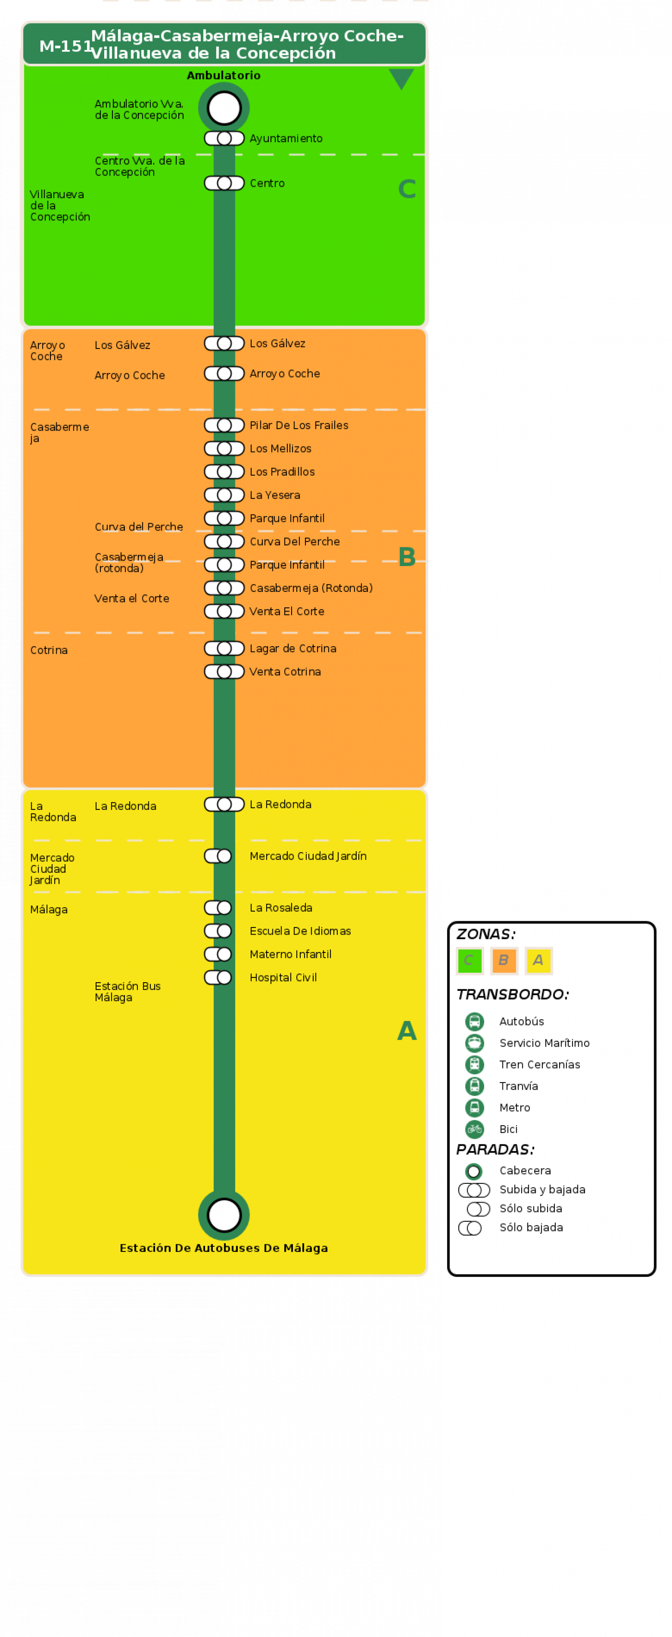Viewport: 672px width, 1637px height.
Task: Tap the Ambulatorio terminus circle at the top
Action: click(224, 108)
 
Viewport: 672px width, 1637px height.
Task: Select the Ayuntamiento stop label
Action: click(286, 139)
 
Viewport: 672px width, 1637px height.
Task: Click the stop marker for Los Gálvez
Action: click(224, 344)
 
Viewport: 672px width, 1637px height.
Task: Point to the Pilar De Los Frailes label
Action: click(299, 425)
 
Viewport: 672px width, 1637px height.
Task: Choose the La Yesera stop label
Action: click(275, 495)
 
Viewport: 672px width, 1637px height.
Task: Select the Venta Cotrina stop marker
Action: click(224, 672)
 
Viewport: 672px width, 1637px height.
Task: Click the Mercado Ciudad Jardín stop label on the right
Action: click(308, 856)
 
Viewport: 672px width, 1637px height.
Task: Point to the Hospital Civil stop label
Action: click(283, 978)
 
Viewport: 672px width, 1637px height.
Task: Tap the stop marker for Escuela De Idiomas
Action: click(218, 931)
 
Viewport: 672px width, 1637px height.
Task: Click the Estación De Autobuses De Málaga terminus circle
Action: click(224, 1215)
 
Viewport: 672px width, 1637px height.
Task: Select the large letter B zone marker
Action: click(407, 557)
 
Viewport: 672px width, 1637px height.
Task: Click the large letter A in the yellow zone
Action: click(407, 1031)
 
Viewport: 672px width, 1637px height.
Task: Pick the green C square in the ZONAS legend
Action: click(470, 960)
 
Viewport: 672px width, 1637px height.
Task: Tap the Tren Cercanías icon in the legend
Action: click(474, 1064)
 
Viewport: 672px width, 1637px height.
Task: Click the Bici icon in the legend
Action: click(474, 1129)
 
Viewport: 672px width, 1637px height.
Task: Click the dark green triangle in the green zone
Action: click(401, 78)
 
